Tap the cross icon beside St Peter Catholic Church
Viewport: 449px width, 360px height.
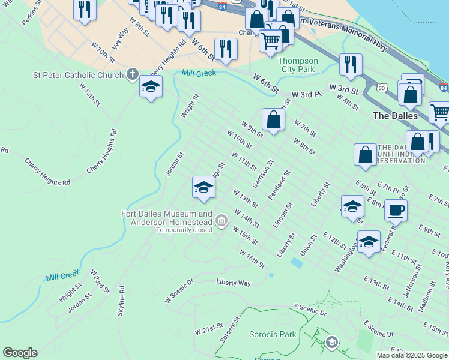[x=133, y=75]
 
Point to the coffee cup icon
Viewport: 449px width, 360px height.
[x=396, y=211]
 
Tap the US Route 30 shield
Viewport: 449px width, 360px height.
[x=382, y=88]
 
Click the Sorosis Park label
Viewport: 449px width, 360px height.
[x=273, y=334]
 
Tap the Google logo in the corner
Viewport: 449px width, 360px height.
[x=20, y=353]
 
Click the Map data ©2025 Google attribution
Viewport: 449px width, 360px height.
[x=412, y=355]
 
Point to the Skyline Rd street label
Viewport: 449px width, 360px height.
[x=121, y=303]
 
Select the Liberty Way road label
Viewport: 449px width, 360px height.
[x=234, y=282]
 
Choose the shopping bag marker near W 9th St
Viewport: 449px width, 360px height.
[x=273, y=119]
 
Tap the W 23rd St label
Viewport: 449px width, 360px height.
[x=100, y=281]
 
